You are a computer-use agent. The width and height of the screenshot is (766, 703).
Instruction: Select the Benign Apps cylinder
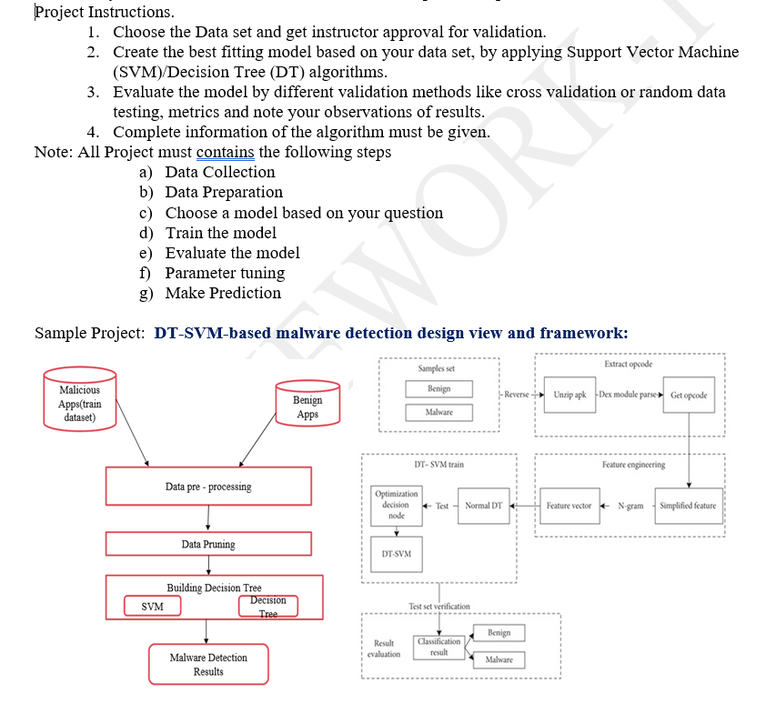click(307, 407)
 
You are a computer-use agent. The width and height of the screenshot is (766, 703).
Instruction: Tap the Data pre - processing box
click(208, 487)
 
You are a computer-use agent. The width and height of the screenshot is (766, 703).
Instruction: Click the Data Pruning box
click(208, 544)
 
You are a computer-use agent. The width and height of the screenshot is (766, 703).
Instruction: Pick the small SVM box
click(152, 606)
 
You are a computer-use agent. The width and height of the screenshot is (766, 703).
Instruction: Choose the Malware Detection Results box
click(208, 664)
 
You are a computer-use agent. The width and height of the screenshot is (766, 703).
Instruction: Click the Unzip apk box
click(569, 395)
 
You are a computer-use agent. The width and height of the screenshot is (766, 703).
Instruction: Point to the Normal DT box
click(484, 506)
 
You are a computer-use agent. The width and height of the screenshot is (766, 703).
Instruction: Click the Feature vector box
click(569, 506)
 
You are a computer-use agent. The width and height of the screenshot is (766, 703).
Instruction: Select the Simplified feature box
click(688, 506)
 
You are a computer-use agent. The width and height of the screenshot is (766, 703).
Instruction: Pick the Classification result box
click(438, 647)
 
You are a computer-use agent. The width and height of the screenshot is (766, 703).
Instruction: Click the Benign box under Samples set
click(438, 388)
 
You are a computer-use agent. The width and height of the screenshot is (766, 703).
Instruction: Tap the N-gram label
click(630, 506)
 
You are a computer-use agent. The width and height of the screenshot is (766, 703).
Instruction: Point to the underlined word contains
click(226, 152)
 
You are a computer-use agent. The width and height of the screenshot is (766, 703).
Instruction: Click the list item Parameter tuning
click(225, 273)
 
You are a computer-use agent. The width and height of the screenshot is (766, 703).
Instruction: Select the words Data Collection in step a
click(219, 172)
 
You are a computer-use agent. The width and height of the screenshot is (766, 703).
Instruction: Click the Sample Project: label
click(89, 333)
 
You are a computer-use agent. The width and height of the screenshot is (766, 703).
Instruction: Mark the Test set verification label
click(439, 606)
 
